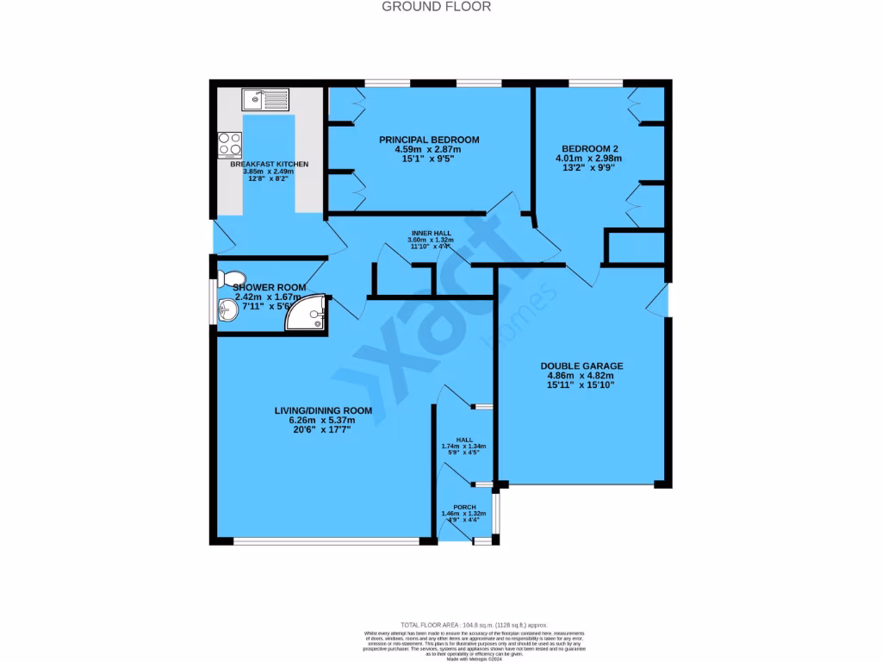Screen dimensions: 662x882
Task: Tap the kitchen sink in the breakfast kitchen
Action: pos(268,102)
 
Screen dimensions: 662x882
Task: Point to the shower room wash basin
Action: pos(228,310)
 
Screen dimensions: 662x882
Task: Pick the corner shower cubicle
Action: pos(307,313)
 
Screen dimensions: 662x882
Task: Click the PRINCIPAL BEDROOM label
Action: pos(430,140)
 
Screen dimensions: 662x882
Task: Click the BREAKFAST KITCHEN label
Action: pos(269,164)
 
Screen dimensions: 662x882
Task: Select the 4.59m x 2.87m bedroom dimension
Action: pos(430,149)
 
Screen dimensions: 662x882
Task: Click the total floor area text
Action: pos(474,625)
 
